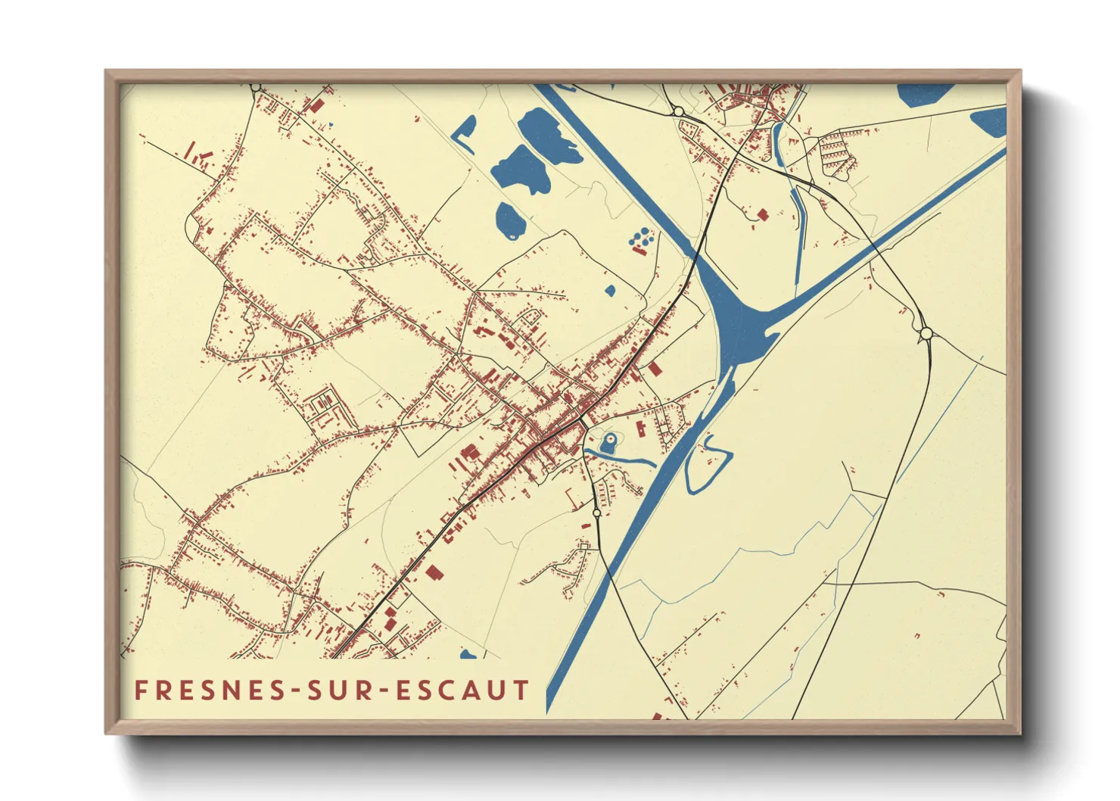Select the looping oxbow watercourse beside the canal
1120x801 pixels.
pyautogui.click(x=708, y=463)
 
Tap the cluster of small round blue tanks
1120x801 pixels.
pyautogui.click(x=642, y=238)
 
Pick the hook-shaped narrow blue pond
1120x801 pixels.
pyautogui.click(x=463, y=132)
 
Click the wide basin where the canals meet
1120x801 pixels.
pyautogui.click(x=734, y=318)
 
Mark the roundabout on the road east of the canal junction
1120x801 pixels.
pyautogui.click(x=925, y=333)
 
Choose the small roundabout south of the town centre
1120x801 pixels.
pyautogui.click(x=597, y=513)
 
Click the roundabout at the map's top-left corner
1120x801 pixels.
pyautogui.click(x=256, y=87)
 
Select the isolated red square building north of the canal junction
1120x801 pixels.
pyautogui.click(x=762, y=214)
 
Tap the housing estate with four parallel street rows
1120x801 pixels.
pyautogui.click(x=834, y=149)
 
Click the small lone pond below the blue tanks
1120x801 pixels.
pyautogui.click(x=610, y=289)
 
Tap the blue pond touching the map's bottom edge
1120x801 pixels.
pyautogui.click(x=468, y=654)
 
